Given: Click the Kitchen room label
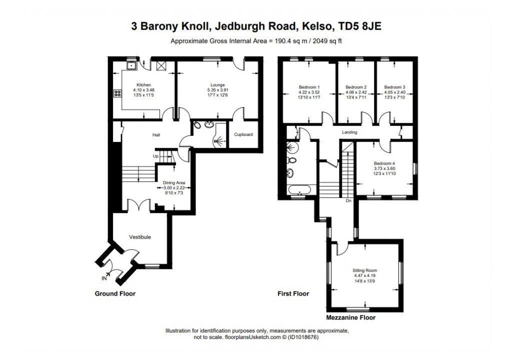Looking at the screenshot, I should click(x=144, y=85).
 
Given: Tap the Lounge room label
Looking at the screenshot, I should click(x=217, y=85).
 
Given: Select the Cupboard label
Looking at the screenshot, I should click(x=243, y=134).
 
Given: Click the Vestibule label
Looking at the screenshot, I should click(x=140, y=237).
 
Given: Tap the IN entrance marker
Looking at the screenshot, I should click(x=104, y=278).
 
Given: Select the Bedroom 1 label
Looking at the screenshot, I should click(x=309, y=87).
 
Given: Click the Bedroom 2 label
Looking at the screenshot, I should click(x=356, y=87).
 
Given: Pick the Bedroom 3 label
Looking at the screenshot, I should click(x=394, y=87).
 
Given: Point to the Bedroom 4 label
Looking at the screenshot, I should click(x=384, y=163).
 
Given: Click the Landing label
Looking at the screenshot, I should click(x=349, y=132).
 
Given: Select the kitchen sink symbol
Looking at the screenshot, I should click(x=132, y=64).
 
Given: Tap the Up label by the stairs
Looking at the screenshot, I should click(x=156, y=156).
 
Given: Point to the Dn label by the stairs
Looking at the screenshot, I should click(x=348, y=201).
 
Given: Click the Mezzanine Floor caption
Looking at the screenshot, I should click(x=350, y=317).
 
